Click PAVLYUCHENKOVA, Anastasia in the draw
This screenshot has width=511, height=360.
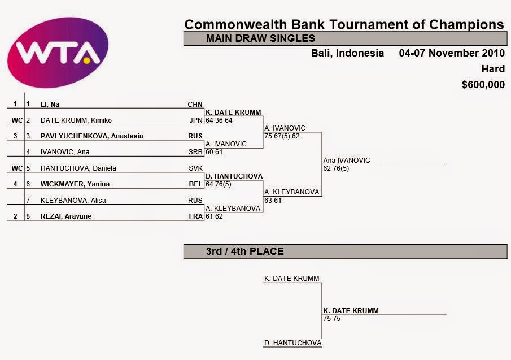pyautogui.click(x=91, y=136)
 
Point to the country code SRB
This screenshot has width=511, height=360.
pyautogui.click(x=195, y=152)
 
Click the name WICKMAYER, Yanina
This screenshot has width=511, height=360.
pyautogui.click(x=75, y=184)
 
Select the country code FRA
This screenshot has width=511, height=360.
pyautogui.click(x=195, y=216)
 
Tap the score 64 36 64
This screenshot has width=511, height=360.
pyautogui.click(x=219, y=120)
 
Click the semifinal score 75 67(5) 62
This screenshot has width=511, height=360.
pyautogui.click(x=282, y=136)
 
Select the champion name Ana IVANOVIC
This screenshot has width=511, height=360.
pyautogui.click(x=347, y=161)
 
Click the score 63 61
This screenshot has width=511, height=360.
pyautogui.click(x=273, y=200)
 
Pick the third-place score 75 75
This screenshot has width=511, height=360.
pyautogui.click(x=332, y=319)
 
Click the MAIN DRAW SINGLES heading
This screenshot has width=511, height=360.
pyautogui.click(x=260, y=38)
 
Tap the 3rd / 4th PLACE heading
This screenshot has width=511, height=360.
pyautogui.click(x=244, y=251)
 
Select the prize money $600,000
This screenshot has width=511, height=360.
pyautogui.click(x=483, y=85)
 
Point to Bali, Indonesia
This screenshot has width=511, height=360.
pyautogui.click(x=347, y=53)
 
